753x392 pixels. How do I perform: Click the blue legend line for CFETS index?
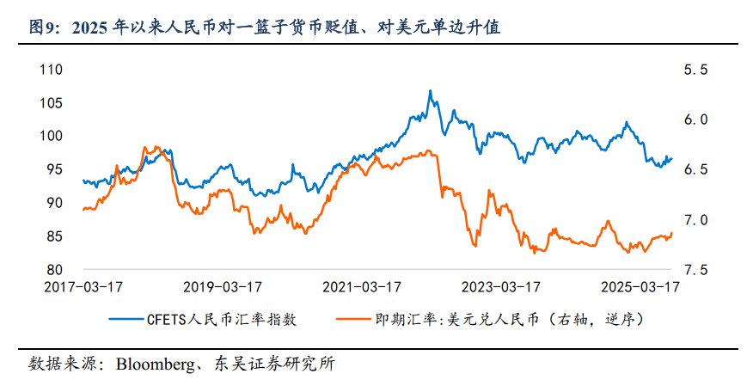[x=128, y=319]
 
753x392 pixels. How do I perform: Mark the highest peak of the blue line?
[x=430, y=90]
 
